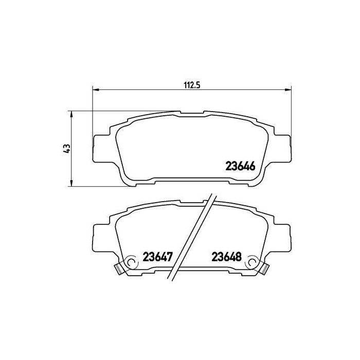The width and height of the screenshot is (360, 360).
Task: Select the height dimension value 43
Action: click(x=65, y=149)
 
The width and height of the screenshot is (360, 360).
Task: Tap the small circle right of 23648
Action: click(x=252, y=263)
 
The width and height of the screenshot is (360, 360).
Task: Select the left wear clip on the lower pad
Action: click(x=118, y=267)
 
